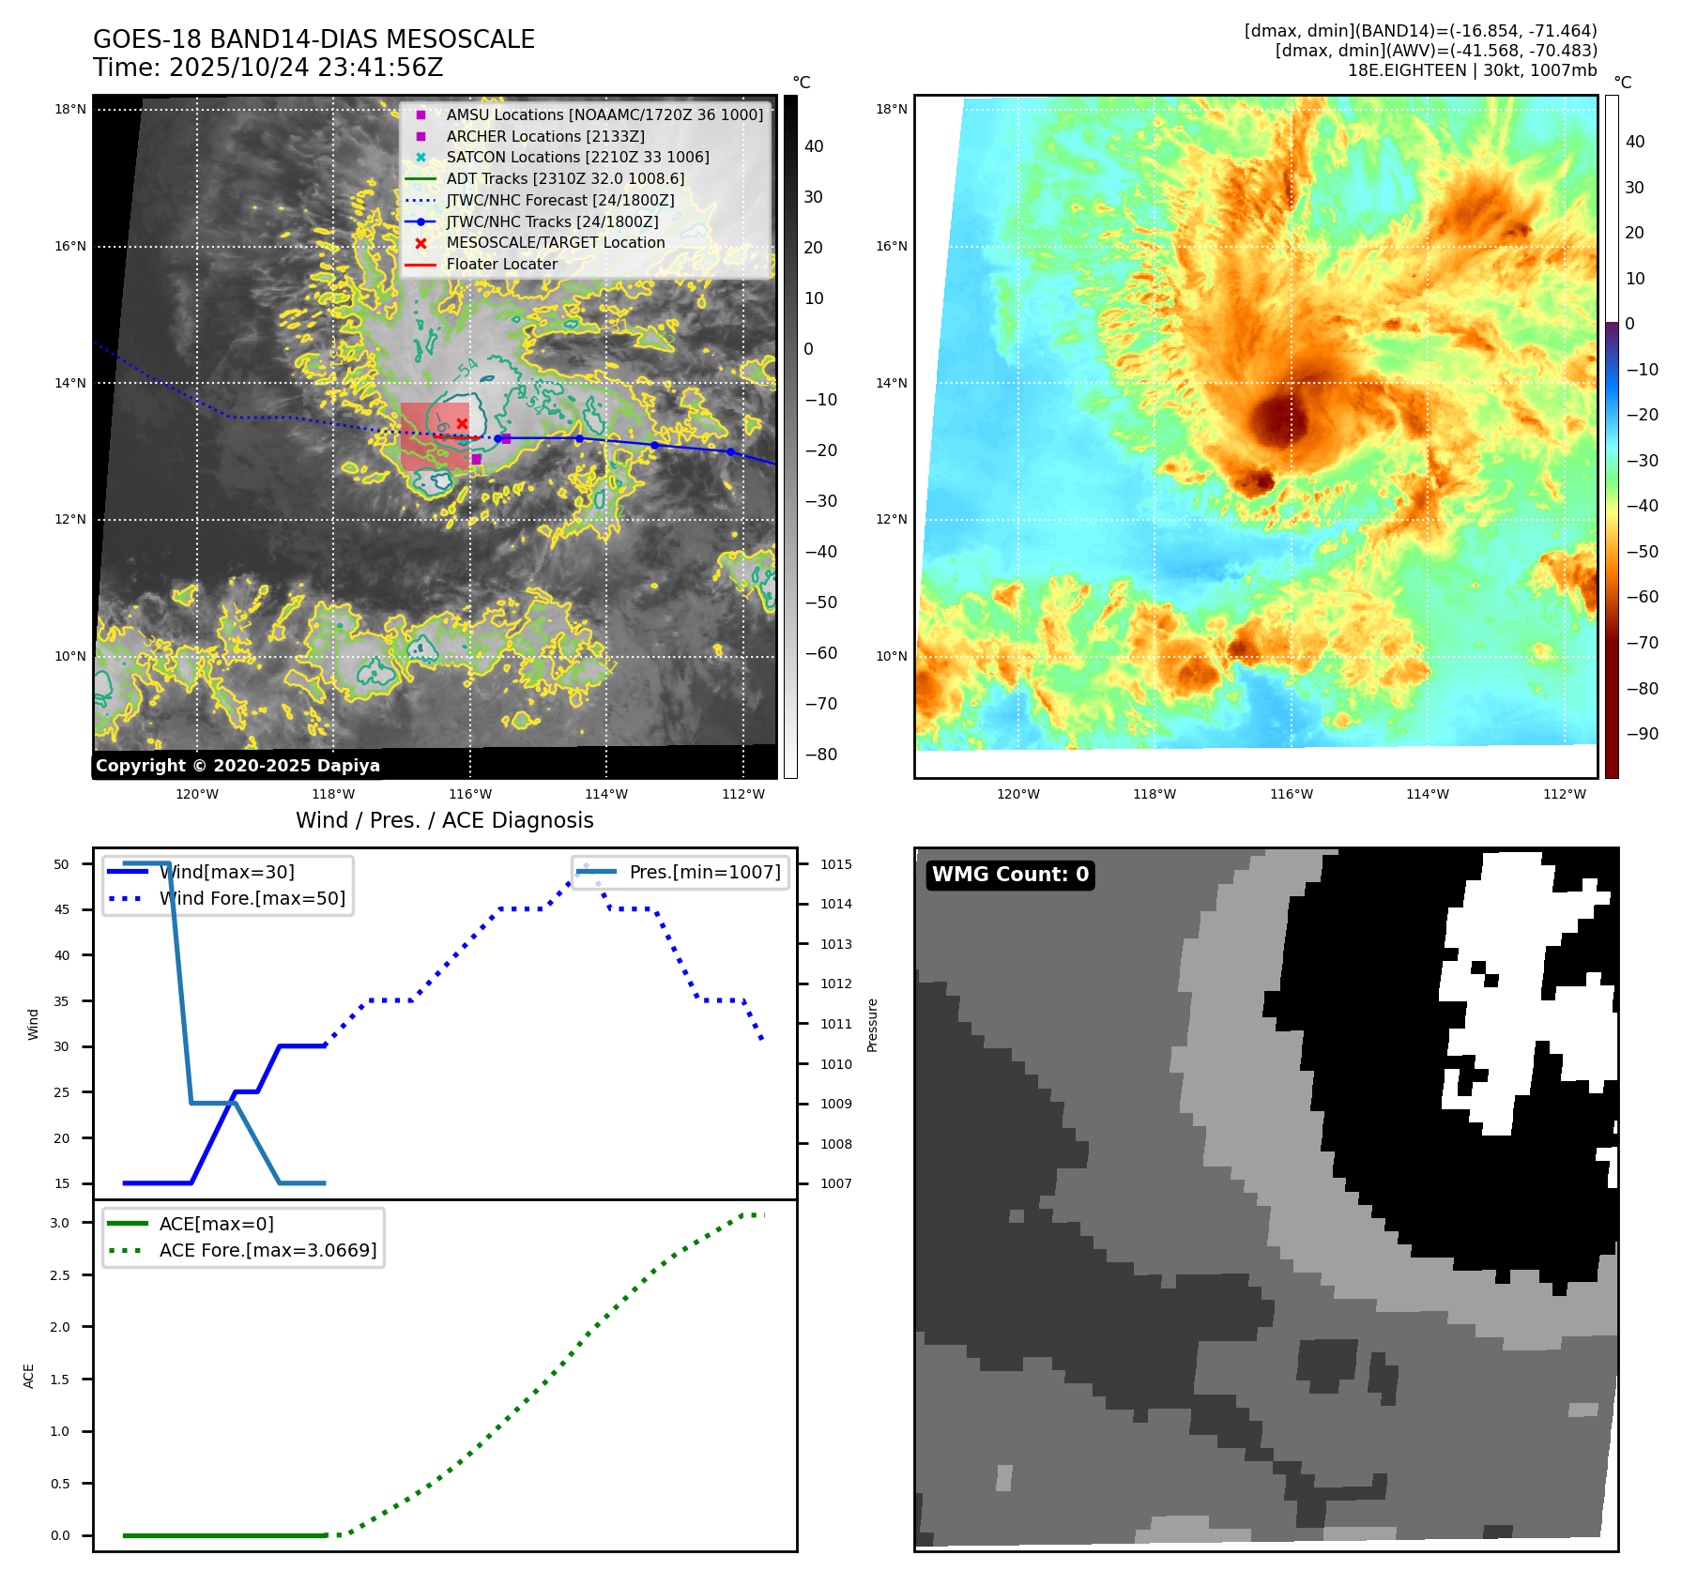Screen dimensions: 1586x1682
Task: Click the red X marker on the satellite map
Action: coord(462,424)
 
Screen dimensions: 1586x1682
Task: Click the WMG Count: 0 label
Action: coord(1010,875)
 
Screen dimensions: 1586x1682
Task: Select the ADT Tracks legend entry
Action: coord(565,178)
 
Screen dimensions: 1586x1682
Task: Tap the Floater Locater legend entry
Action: coord(501,265)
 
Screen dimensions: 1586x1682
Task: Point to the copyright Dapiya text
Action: coord(237,766)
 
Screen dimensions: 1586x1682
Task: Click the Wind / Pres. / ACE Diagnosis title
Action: coord(444,820)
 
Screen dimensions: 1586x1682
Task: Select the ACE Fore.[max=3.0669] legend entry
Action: coord(268,1250)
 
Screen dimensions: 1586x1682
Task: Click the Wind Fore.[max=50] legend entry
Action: coord(252,899)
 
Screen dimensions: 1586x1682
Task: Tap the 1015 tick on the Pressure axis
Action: coord(835,864)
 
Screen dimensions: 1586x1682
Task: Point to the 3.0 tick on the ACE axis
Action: coord(60,1223)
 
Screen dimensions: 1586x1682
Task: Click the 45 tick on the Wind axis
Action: coord(61,909)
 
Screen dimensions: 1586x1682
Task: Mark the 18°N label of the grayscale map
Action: coord(70,110)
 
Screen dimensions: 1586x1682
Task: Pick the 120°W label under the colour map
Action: coord(1018,794)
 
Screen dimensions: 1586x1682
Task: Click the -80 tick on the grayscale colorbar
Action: coord(821,755)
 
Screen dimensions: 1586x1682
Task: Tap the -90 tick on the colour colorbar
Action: coord(1642,734)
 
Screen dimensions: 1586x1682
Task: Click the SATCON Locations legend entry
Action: coord(577,158)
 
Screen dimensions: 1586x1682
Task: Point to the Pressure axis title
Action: coord(872,1025)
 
